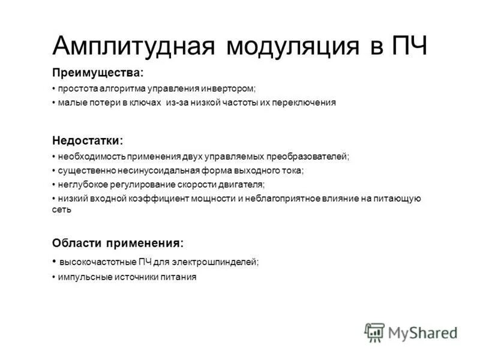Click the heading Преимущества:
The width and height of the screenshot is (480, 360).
pyautogui.click(x=98, y=73)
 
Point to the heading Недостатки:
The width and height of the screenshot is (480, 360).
pyautogui.click(x=88, y=140)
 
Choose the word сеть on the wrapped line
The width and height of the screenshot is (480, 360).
pyautogui.click(x=62, y=209)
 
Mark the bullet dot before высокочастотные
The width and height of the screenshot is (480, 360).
pyautogui.click(x=54, y=262)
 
